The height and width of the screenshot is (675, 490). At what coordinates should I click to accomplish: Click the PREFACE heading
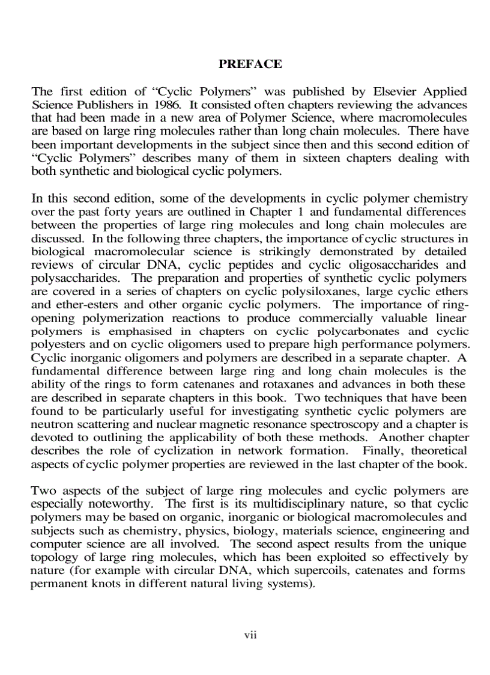point(250,64)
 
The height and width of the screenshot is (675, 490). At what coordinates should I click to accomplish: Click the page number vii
point(250,635)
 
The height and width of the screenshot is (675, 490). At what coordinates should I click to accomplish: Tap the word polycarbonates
point(371,332)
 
